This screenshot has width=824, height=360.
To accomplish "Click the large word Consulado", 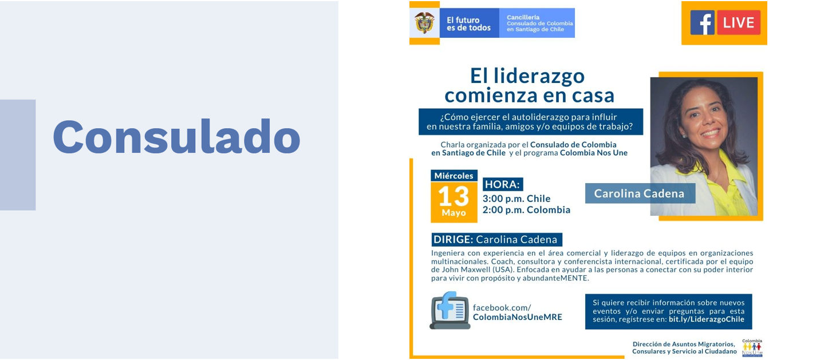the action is click(176, 137).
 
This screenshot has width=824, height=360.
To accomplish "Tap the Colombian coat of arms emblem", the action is click(424, 22).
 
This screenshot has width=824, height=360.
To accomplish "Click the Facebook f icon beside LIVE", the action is click(702, 23).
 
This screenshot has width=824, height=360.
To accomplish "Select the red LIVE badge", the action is click(738, 23).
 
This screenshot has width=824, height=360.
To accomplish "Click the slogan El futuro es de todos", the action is click(468, 24).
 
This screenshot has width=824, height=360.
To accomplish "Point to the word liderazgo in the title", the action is click(539, 77).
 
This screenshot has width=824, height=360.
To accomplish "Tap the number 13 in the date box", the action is click(454, 196).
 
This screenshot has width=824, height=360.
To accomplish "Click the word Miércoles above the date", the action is click(454, 176).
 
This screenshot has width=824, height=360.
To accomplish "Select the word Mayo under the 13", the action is click(454, 212).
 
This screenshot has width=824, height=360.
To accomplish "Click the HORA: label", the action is click(503, 184).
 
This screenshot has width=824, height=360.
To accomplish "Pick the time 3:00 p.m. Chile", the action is click(517, 199).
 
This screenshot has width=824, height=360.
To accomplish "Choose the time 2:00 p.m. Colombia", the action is click(526, 210).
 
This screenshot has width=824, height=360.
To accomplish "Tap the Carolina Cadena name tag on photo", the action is click(640, 193).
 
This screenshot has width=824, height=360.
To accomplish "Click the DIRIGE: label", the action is click(453, 239).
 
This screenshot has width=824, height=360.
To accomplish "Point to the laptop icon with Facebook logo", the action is click(450, 311).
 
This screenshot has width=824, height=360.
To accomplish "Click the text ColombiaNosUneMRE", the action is click(517, 317).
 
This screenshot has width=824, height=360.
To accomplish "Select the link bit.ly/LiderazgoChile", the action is click(706, 319).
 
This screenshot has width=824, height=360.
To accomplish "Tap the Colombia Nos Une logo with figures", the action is click(752, 347).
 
